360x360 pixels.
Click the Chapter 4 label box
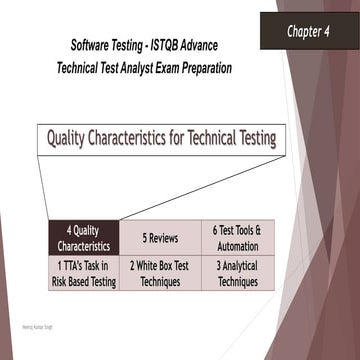309,31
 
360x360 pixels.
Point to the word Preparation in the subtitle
207,68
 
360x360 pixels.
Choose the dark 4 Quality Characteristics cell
83,238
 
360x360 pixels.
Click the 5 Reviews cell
159,238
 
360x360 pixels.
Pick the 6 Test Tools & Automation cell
236,238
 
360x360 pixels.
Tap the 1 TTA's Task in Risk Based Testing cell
83,274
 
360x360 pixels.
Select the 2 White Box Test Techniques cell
159,274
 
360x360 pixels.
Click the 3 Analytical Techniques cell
236,274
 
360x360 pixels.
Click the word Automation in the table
236,246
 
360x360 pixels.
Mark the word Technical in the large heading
206,138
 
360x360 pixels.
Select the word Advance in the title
206,47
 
